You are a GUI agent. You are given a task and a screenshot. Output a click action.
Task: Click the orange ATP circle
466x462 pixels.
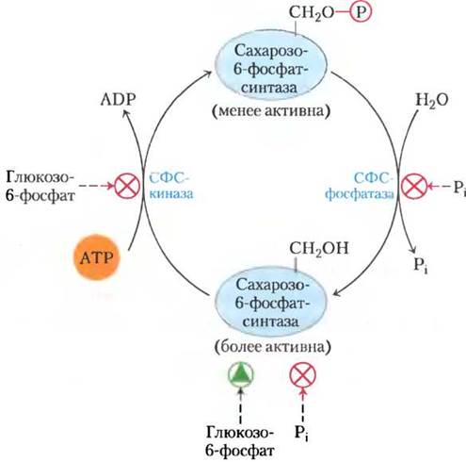pos(97,257)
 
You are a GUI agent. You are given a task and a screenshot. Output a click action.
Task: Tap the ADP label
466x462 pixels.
pos(118,100)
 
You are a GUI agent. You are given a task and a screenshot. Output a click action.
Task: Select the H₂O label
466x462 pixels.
pos(432,100)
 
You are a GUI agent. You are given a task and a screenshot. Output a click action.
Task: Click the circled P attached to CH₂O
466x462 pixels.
pos(361,12)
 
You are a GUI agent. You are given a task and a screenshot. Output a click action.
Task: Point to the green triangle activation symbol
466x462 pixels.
pos(241,374)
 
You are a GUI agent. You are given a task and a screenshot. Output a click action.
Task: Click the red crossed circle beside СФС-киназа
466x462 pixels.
pos(127,186)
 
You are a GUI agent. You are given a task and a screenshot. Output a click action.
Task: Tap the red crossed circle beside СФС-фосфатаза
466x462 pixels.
pos(414,186)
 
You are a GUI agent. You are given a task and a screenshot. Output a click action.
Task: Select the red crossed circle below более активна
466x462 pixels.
pos(302,375)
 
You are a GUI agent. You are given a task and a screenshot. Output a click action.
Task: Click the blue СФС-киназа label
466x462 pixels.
pos(171,186)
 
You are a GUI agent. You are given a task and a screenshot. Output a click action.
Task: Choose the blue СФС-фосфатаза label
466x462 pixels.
pos(360,186)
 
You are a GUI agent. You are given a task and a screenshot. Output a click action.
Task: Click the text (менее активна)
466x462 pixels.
pos(271,111)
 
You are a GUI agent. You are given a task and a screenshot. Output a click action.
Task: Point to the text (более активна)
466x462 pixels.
pos(272,347)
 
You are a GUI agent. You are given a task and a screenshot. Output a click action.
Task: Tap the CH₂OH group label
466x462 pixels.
pos(319,249)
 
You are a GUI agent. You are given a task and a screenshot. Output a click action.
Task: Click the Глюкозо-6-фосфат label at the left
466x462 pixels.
pos(40,187)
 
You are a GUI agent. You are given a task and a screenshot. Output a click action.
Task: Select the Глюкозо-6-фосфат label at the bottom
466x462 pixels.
pos(240,441)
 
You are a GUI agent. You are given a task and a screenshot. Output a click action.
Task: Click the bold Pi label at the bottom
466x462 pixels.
pos(301,434)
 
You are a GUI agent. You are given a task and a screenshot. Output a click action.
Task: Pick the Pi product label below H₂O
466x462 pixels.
pos(421,266)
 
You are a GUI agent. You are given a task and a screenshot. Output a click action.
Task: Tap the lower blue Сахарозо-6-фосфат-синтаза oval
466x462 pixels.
pos(270,303)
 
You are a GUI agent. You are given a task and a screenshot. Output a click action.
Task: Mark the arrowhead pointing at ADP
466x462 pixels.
pos(125,113)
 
